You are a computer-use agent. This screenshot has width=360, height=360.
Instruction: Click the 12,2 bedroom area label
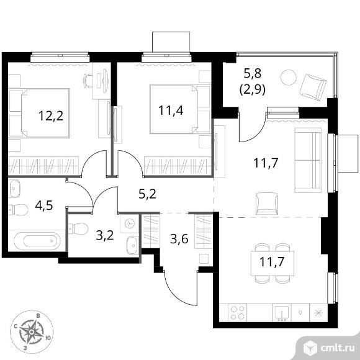(51, 115)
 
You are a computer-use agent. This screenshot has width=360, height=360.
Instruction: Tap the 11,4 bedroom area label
(171, 110)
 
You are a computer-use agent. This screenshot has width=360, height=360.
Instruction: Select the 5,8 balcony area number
(253, 74)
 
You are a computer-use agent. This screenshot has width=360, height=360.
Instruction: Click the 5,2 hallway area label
(147, 194)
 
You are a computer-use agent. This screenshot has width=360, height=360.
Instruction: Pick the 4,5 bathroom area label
(44, 205)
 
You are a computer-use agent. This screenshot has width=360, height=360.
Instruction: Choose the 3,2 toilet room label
(105, 235)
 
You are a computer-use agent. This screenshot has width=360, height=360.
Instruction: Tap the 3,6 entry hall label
(179, 239)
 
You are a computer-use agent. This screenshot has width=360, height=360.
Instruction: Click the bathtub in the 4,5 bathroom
(37, 241)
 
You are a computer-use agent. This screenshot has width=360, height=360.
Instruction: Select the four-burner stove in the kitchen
(237, 313)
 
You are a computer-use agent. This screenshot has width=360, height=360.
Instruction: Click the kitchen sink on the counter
(282, 313)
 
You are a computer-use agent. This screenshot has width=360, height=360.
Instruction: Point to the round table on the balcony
(289, 78)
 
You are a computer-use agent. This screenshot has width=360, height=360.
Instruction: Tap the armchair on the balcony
(313, 87)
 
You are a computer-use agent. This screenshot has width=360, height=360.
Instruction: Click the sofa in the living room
(308, 160)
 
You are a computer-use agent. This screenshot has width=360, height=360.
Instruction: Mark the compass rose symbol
(32, 332)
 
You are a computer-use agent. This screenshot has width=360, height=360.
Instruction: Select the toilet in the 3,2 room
(78, 228)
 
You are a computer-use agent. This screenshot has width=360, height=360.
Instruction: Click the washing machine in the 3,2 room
(130, 223)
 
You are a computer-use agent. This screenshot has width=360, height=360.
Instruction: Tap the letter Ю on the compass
(48, 338)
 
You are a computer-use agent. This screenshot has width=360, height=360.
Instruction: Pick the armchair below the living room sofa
(266, 204)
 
